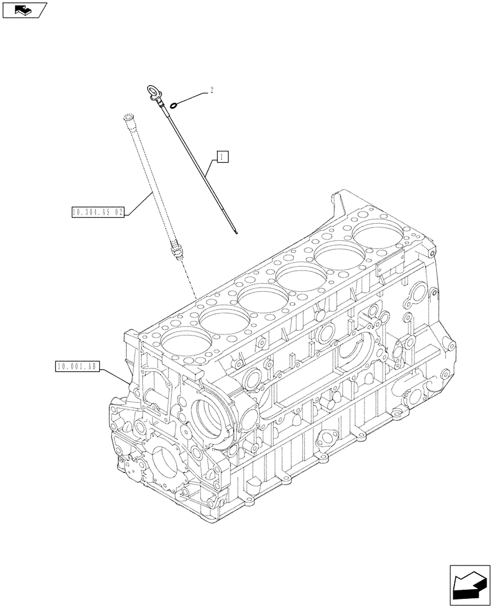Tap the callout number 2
point(211,91)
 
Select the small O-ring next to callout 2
point(175,105)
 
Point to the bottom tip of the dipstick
point(235,232)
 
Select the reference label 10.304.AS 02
point(97,213)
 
